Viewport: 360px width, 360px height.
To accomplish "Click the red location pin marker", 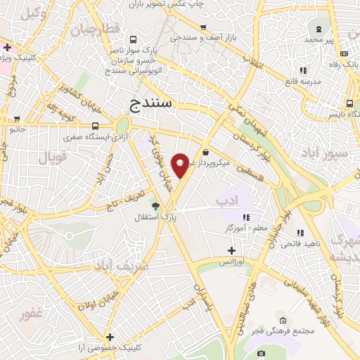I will (181, 165).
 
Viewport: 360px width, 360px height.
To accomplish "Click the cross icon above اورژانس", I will (232, 250).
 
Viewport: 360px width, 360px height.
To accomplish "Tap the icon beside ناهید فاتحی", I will (300, 233).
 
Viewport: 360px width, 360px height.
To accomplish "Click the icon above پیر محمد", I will (319, 30).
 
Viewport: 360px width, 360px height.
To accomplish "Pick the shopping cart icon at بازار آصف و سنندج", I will (202, 27).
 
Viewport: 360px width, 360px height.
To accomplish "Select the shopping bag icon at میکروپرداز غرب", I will (205, 153).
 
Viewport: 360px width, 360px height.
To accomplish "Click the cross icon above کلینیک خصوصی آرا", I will (109, 337).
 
